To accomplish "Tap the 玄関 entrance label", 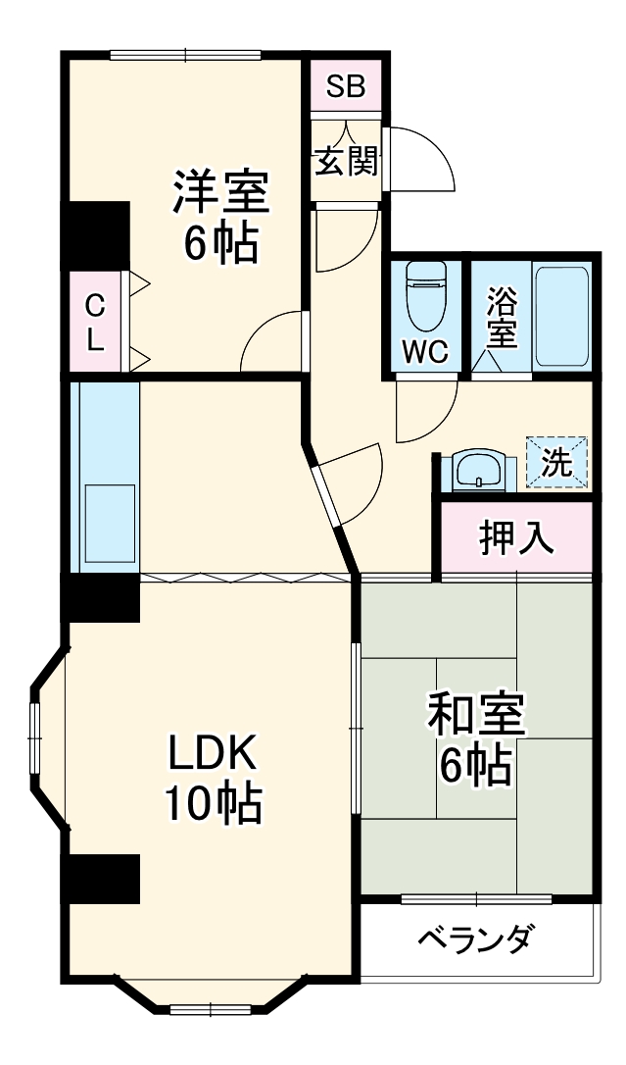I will pyautogui.click(x=345, y=161).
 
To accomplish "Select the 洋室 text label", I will pyautogui.click(x=220, y=191).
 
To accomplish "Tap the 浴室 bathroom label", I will pyautogui.click(x=502, y=316).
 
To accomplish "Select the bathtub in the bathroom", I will pyautogui.click(x=561, y=315).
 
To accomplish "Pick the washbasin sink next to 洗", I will pyautogui.click(x=477, y=470).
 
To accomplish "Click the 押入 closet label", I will pyautogui.click(x=515, y=538).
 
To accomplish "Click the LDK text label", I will pyautogui.click(x=212, y=754).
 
